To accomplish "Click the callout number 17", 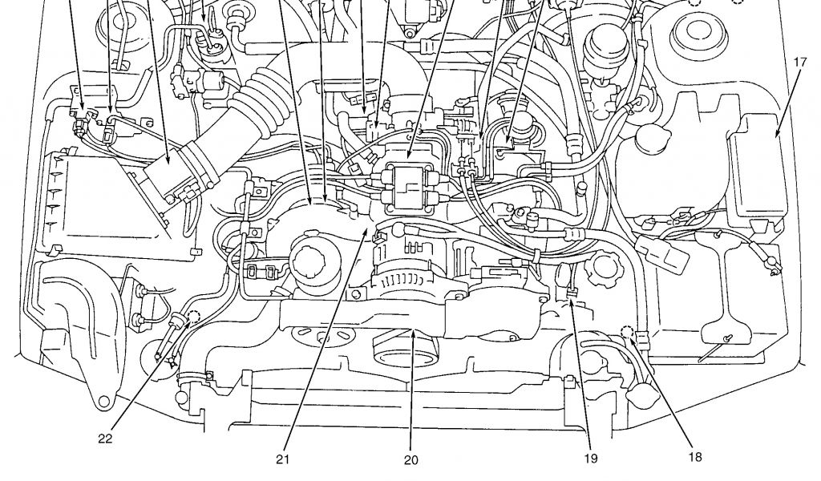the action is (800, 62).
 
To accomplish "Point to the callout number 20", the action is (411, 460).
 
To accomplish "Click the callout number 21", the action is (281, 460).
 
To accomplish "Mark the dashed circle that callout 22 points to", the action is (194, 316).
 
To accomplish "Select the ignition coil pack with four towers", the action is (409, 184).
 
